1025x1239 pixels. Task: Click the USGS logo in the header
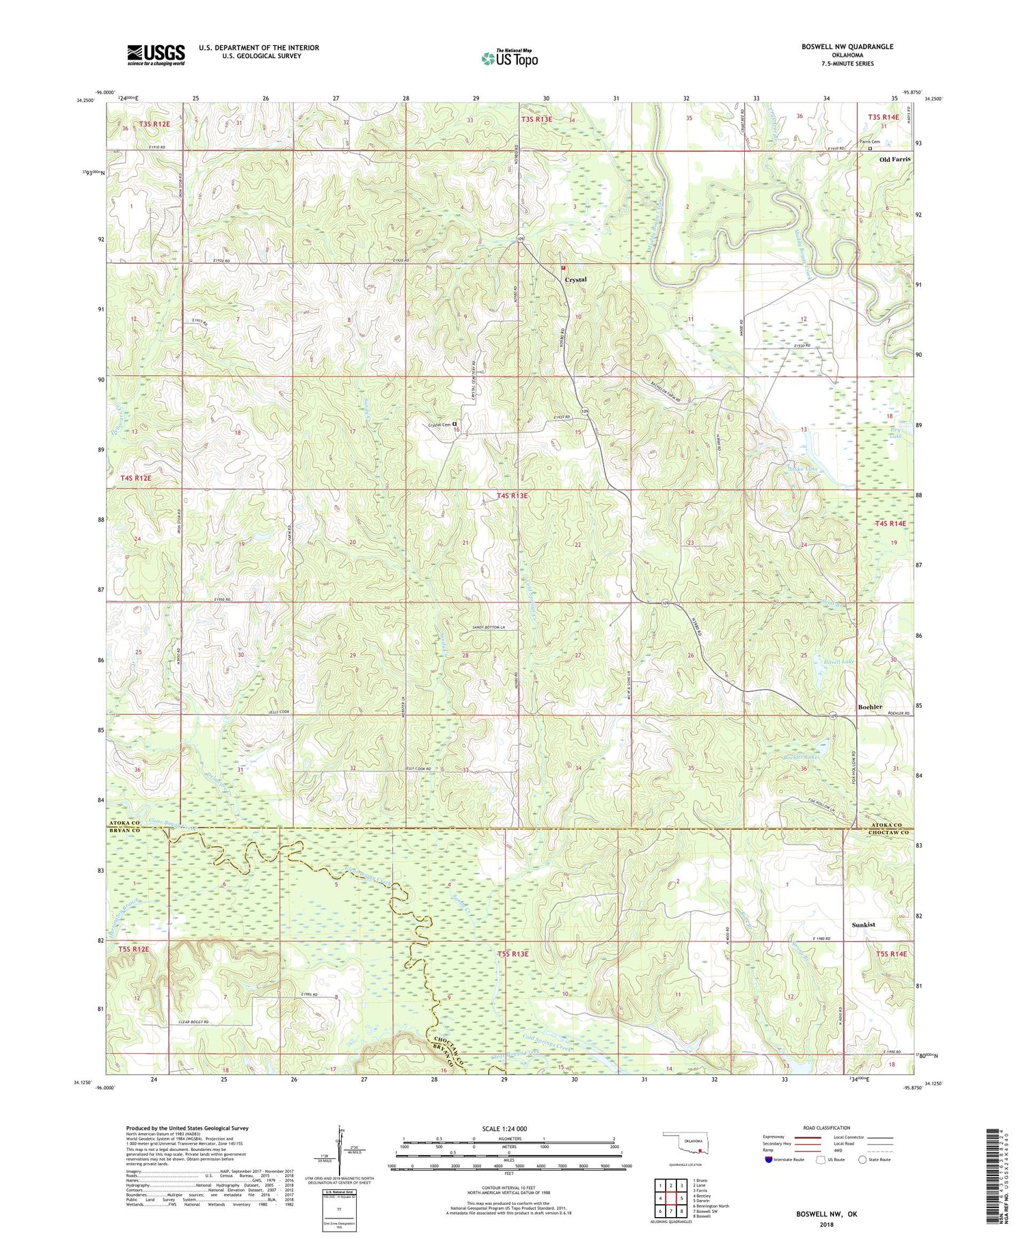pos(156,55)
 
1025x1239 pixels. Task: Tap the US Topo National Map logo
pos(509,59)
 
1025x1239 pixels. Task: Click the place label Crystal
pos(575,280)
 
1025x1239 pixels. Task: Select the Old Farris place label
pos(894,159)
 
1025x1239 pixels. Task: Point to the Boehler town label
pos(870,707)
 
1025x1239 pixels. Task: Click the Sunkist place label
pos(864,925)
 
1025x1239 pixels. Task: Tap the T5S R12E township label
pos(133,949)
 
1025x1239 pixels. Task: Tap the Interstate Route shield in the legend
pos(769,1159)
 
